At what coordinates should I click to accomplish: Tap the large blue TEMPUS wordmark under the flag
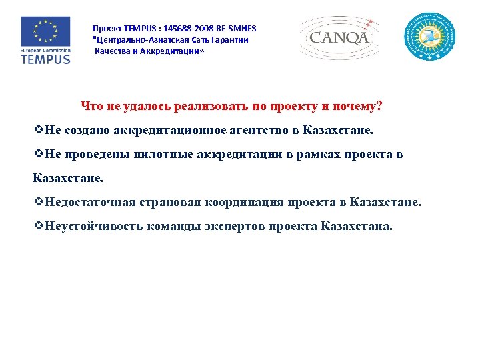tap(45, 59)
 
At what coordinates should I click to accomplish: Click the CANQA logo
tap(339, 37)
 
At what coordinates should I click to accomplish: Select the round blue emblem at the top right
tap(431, 37)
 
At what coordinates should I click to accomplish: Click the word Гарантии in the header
tap(229, 40)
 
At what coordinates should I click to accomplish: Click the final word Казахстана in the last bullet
tap(357, 226)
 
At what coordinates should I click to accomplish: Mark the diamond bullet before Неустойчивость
tap(38, 226)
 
